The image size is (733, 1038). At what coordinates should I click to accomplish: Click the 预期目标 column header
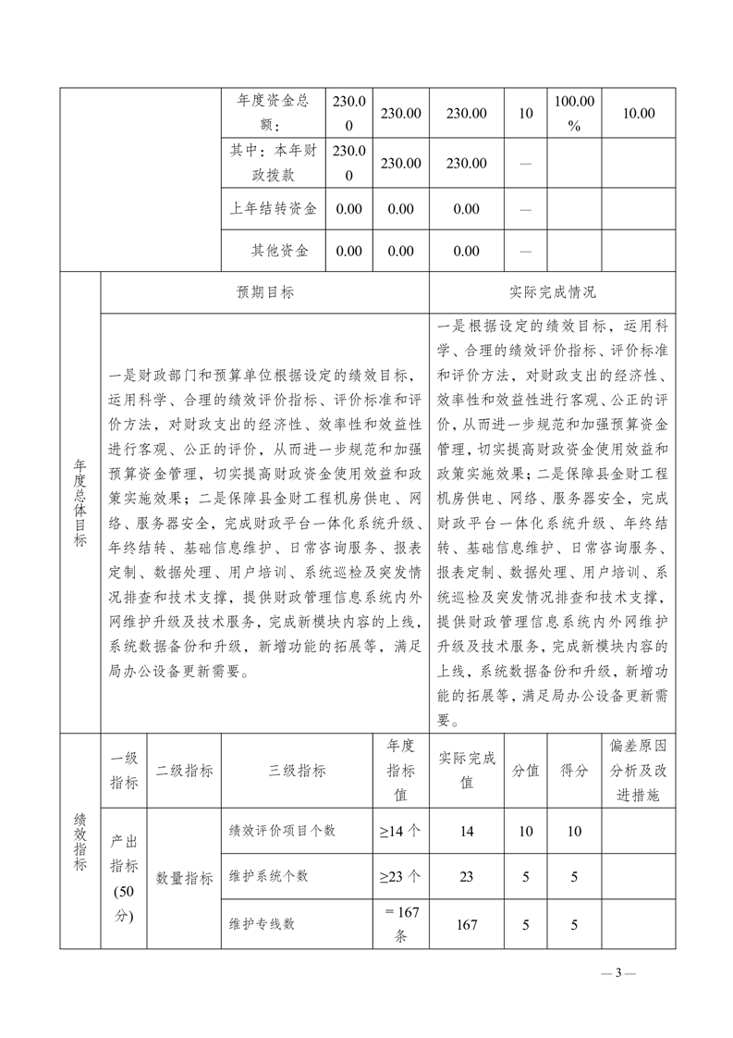tap(265, 291)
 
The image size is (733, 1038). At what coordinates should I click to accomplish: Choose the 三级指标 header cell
tap(297, 770)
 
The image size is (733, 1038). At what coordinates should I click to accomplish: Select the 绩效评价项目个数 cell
tap(282, 831)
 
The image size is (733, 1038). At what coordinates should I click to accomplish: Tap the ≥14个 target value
tap(400, 831)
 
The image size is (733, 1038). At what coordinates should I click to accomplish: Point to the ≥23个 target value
tap(400, 875)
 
